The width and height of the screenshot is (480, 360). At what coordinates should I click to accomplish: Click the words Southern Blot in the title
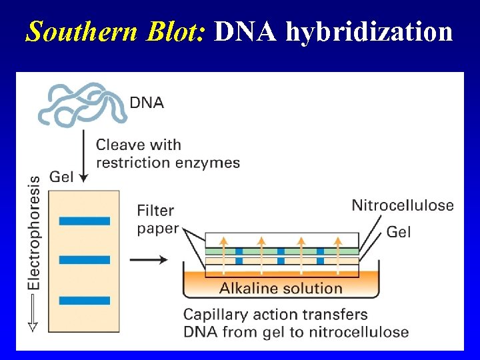coord(117,31)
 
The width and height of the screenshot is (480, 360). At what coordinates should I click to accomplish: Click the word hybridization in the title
coord(370,31)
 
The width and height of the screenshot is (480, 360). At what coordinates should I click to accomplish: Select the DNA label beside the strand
coord(146,103)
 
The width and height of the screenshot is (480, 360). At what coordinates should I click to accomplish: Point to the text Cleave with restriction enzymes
coord(167,153)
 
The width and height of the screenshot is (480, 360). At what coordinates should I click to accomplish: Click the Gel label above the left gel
coord(61,177)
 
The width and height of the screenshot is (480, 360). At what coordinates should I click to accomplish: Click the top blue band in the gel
coord(84,221)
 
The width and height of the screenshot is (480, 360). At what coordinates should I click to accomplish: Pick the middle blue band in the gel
coord(84,259)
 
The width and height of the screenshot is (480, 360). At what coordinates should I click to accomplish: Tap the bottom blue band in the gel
coord(84,301)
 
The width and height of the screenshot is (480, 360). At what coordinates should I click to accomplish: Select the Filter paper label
coord(157,219)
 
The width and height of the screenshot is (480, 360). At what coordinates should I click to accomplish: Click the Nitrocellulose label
coord(402,205)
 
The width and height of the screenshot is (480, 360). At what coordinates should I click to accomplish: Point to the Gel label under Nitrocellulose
coord(399,231)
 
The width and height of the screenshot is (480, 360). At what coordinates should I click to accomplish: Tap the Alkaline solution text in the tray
coord(281,289)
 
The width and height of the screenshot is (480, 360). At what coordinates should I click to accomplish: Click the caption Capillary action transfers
coord(275,314)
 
